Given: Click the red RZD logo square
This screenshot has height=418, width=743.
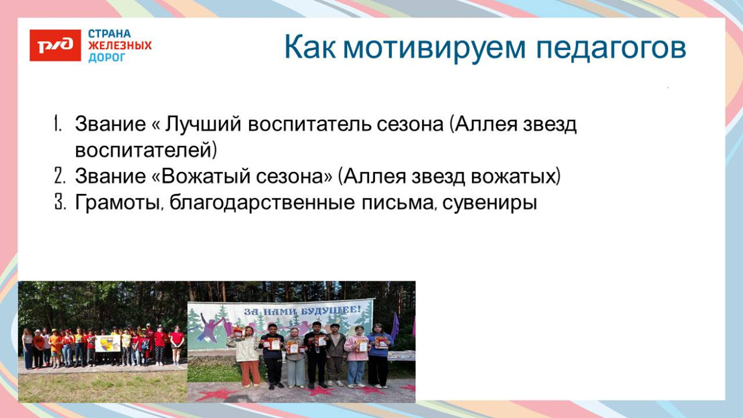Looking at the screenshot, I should (55, 45).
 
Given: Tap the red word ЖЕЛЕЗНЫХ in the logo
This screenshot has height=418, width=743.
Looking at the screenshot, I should (119, 46).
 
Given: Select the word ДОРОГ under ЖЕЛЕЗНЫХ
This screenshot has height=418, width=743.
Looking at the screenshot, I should (107, 58).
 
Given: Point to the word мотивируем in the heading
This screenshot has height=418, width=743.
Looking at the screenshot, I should (435, 48).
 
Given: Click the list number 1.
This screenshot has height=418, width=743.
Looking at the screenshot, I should (58, 125).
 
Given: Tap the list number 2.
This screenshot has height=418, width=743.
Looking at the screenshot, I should (58, 177).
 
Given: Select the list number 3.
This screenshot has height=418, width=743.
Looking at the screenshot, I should (58, 203).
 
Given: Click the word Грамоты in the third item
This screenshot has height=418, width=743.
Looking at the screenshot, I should (119, 203).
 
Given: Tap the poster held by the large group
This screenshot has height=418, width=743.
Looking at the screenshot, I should (108, 342).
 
